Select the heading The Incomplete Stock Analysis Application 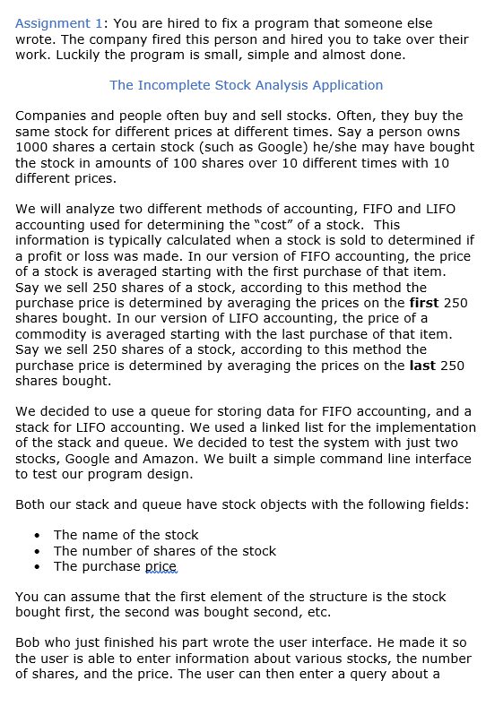246,85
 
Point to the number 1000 33,147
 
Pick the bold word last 421,366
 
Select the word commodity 56,334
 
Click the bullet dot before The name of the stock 36,536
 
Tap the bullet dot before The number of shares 36,551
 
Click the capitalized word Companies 52,116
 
